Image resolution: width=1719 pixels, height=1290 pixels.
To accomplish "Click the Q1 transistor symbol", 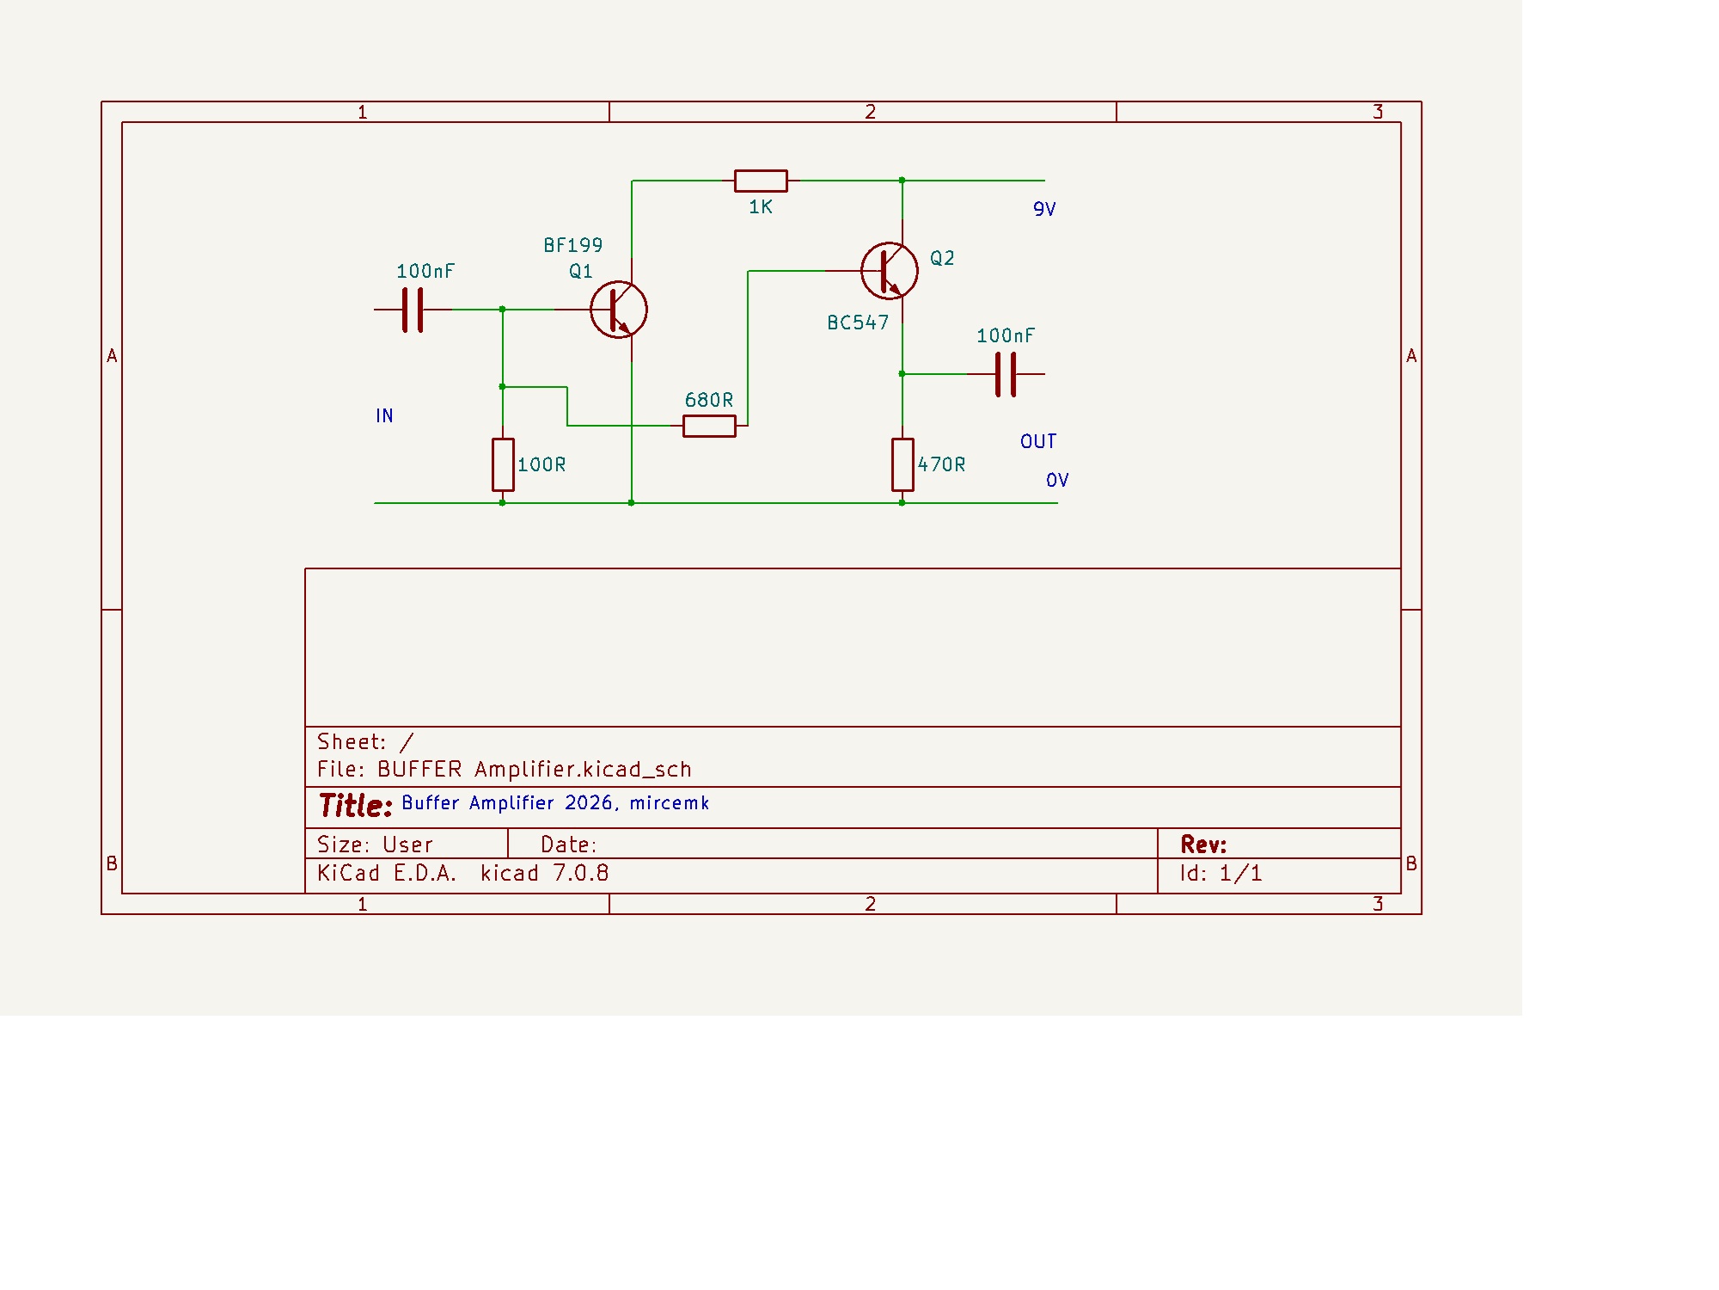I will [619, 310].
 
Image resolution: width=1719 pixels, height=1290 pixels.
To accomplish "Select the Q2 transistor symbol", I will [890, 271].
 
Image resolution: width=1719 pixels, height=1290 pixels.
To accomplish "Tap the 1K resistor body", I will [761, 181].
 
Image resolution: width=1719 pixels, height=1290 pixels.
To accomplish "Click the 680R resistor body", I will [709, 426].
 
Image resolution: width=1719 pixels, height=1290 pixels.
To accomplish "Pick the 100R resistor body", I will [503, 464].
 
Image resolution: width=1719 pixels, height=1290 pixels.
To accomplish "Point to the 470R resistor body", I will [902, 464].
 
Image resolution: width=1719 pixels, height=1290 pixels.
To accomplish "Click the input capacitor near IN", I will [413, 310].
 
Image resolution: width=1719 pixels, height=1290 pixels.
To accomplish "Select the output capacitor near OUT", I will [1006, 374].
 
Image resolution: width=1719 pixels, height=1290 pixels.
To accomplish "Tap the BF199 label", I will [573, 246].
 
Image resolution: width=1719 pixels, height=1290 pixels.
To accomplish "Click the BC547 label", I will [858, 323].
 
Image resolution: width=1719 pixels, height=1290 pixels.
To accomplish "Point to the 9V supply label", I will [1044, 210].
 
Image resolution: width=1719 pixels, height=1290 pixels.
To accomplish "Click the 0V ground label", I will [1057, 481].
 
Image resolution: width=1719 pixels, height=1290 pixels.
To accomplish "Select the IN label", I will [384, 416].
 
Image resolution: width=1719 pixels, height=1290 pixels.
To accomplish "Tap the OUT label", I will [1038, 442].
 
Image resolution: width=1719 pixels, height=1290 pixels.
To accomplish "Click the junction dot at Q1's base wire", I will [503, 310].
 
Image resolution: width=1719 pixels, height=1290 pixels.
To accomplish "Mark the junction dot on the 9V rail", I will [902, 181].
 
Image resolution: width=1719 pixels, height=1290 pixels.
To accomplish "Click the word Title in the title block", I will [355, 806].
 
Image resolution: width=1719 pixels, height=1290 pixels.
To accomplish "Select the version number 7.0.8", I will [581, 874].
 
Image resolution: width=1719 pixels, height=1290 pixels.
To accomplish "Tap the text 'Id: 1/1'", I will [1220, 874].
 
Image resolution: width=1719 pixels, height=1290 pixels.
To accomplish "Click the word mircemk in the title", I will [670, 803].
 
